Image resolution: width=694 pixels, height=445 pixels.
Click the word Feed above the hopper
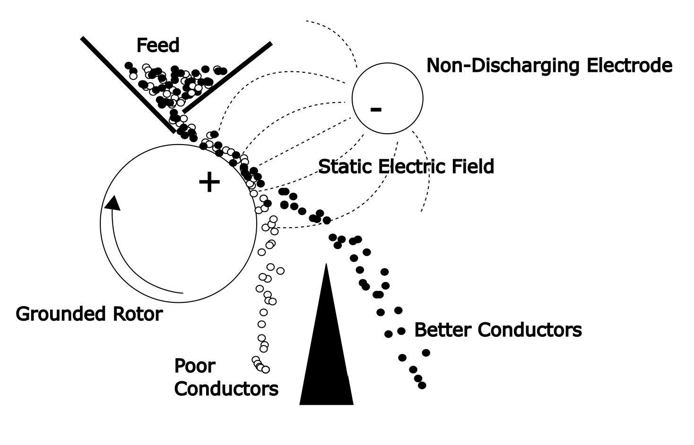(158, 46)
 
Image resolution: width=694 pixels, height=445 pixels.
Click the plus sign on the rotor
(209, 183)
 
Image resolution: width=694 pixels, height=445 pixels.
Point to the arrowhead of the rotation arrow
(113, 203)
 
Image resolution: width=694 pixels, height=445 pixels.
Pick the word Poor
(195, 366)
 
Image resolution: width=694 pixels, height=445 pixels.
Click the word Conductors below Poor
(226, 389)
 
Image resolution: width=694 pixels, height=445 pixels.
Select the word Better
(443, 330)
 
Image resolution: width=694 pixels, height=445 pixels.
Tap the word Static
(346, 167)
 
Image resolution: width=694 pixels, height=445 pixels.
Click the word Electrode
(629, 66)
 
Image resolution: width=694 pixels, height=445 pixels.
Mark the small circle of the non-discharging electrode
(387, 99)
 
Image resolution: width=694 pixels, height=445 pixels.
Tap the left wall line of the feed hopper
(128, 85)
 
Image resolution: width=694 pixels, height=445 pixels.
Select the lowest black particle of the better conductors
(422, 385)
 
